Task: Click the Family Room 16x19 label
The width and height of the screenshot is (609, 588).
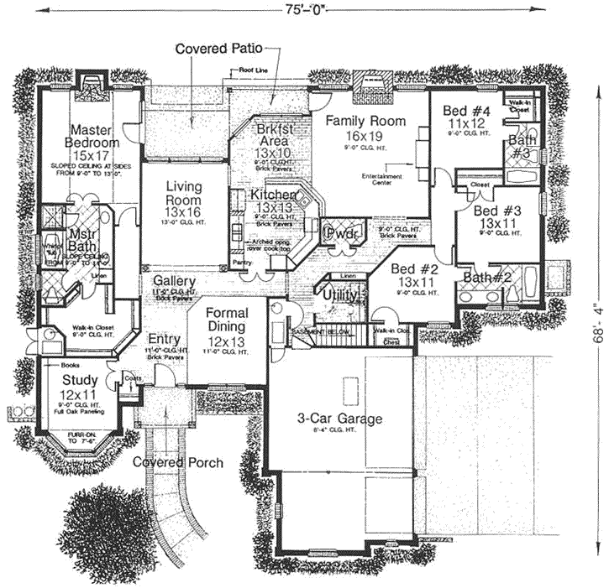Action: click(x=365, y=128)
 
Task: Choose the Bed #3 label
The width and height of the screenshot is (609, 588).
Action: click(x=496, y=217)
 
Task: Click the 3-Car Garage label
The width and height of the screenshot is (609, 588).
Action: click(x=339, y=419)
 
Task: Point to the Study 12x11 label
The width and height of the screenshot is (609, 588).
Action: click(x=80, y=386)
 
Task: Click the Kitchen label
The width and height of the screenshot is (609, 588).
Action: click(x=274, y=200)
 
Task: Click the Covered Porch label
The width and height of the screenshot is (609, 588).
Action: click(x=178, y=462)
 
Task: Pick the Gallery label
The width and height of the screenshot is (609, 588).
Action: click(x=174, y=281)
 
